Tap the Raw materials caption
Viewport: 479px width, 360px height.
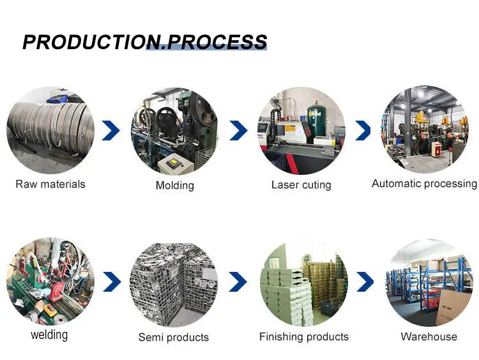click(x=50, y=184)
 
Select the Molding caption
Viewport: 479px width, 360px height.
click(x=174, y=185)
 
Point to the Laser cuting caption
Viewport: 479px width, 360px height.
click(x=301, y=185)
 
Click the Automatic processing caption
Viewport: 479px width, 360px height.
click(x=424, y=184)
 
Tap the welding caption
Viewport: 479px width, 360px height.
click(x=49, y=334)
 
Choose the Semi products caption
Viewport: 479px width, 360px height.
click(x=174, y=337)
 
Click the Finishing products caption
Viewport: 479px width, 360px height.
click(x=304, y=336)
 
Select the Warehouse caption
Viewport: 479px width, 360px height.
click(x=429, y=336)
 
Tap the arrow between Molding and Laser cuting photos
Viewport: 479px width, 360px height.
click(x=238, y=131)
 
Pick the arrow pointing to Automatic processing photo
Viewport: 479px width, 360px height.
click(x=363, y=131)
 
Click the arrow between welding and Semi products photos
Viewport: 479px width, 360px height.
click(x=112, y=281)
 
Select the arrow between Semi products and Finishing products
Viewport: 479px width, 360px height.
click(x=238, y=281)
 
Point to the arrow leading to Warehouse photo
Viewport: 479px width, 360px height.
click(x=365, y=281)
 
